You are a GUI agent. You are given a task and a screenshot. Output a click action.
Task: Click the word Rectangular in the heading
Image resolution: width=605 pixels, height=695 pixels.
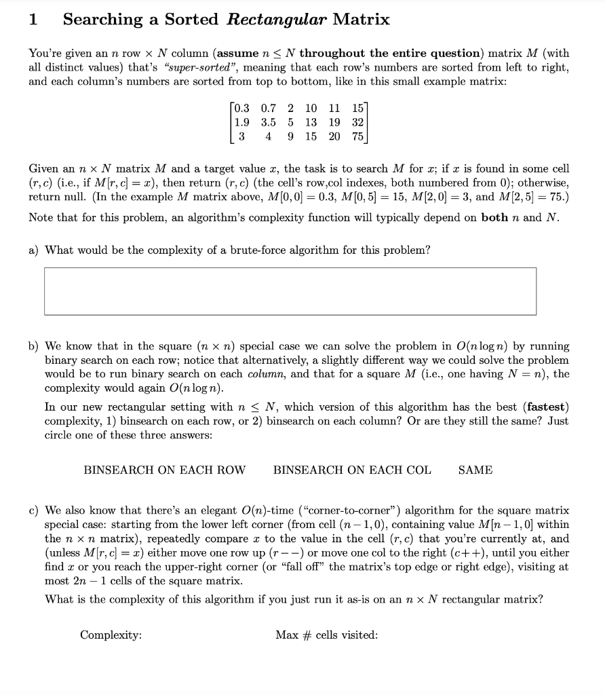277,19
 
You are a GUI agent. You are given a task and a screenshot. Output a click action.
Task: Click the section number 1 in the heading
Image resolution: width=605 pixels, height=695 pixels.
33,20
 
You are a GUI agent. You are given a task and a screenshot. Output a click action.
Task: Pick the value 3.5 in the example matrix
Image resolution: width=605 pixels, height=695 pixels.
269,122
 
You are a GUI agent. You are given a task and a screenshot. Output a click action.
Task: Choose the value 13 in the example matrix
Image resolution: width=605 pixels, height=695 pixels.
311,122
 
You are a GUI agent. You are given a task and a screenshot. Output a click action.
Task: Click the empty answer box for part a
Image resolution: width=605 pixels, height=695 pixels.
290,290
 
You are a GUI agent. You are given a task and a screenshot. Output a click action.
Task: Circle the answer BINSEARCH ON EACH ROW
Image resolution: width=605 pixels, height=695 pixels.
164,470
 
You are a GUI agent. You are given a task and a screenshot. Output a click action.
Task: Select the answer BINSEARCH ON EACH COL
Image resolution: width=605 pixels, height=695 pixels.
351,470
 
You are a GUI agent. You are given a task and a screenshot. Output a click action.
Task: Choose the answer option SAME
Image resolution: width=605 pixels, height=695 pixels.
475,470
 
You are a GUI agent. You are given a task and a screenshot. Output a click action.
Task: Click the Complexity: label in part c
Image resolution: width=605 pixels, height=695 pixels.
111,635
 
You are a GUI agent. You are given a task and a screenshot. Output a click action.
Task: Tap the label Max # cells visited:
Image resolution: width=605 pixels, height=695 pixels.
326,635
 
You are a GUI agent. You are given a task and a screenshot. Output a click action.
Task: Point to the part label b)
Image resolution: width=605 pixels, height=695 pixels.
34,346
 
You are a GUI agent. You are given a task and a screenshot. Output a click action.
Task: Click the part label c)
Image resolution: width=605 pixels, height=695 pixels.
34,510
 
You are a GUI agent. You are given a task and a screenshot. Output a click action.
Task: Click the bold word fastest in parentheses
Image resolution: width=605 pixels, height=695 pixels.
546,407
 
